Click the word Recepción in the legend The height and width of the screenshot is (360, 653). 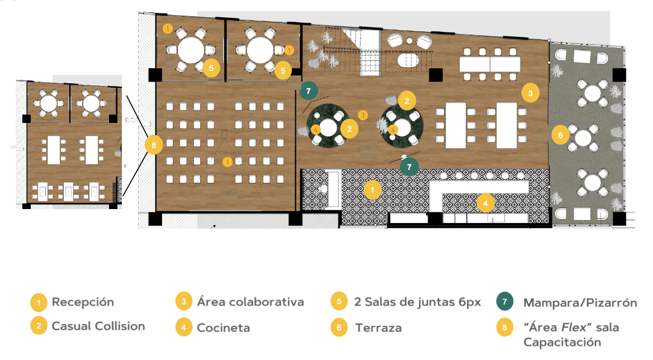point(82,302)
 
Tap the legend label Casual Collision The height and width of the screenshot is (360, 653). point(98,326)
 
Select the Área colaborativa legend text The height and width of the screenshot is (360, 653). point(250,302)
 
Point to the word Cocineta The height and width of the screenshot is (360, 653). point(223,328)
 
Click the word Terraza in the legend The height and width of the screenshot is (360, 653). point(378,328)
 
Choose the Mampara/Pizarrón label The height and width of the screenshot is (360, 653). point(580,303)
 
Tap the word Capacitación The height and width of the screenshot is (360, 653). point(562,343)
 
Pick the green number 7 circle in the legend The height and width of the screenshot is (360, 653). point(505,302)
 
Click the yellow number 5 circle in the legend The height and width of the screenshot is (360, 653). point(339,301)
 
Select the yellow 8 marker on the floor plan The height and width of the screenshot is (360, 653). point(154,145)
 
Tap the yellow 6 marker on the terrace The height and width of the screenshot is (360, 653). point(561,135)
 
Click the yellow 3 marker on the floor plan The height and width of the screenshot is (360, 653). point(530,93)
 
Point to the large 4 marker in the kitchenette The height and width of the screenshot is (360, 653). point(486,203)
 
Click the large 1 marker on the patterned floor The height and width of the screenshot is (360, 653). point(372,190)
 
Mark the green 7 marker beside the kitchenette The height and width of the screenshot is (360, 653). point(409,167)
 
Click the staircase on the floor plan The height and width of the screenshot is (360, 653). point(370,52)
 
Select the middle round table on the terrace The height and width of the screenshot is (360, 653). point(583,138)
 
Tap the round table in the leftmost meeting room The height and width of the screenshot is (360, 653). point(191,50)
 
